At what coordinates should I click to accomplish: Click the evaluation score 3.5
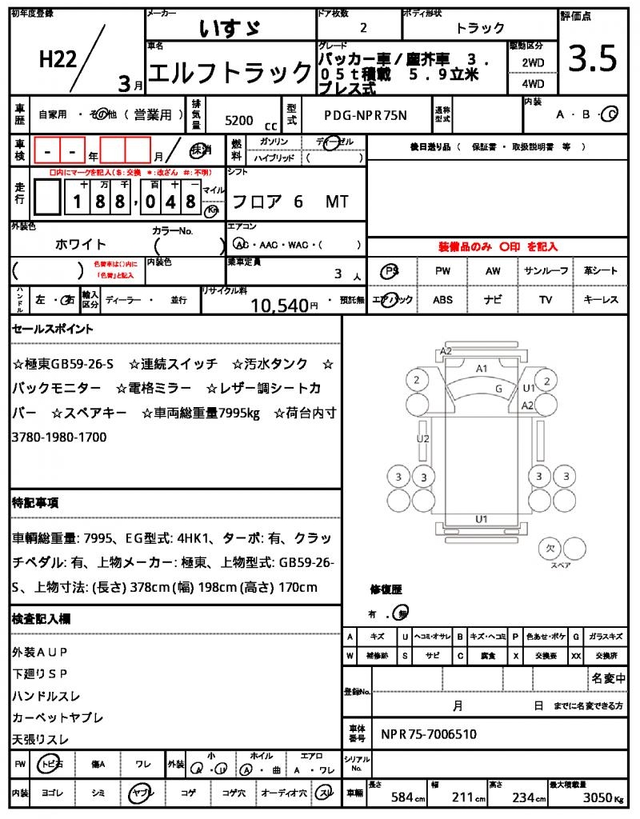pos(593,58)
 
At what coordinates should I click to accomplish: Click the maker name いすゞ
pos(229,28)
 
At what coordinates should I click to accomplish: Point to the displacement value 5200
pos(239,121)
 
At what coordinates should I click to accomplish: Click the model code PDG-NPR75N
pos(366,115)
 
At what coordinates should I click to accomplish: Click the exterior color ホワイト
pos(81,244)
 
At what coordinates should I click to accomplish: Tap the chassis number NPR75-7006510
pos(429,733)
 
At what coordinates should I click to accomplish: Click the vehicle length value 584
pos(401,797)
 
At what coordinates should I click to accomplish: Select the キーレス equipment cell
pos(601,300)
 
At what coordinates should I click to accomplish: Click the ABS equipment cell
pos(442,300)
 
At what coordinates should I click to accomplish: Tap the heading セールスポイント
pos(53,329)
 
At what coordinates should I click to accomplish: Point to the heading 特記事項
pos(35,503)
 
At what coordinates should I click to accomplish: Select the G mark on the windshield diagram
pos(498,388)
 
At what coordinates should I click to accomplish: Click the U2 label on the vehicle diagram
pos(423,438)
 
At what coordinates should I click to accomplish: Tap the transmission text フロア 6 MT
pos(288,202)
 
